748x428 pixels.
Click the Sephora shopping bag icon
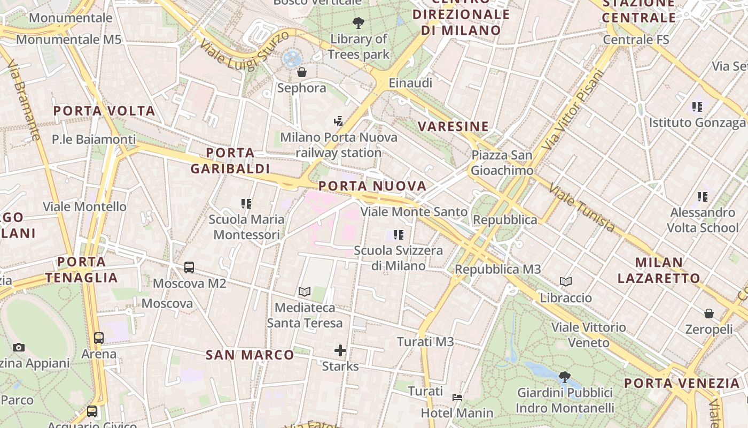click(302, 72)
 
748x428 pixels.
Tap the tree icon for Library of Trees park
click(358, 22)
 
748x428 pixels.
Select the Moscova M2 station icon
click(189, 267)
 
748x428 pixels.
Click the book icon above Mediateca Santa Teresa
click(305, 292)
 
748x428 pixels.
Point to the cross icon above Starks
click(340, 350)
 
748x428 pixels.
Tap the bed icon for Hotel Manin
click(457, 398)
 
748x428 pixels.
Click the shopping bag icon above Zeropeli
click(709, 314)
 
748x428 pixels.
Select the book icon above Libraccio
click(566, 281)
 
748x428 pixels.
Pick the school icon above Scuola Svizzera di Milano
click(398, 234)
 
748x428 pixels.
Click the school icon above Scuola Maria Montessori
click(246, 203)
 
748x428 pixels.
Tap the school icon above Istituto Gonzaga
click(697, 107)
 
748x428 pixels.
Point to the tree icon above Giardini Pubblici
click(565, 377)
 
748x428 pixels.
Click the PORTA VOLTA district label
click(104, 111)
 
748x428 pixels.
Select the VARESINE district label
click(453, 126)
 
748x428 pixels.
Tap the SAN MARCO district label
click(250, 355)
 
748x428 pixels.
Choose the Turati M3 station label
click(425, 341)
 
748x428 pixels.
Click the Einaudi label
click(410, 83)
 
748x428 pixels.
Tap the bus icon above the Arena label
click(99, 338)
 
